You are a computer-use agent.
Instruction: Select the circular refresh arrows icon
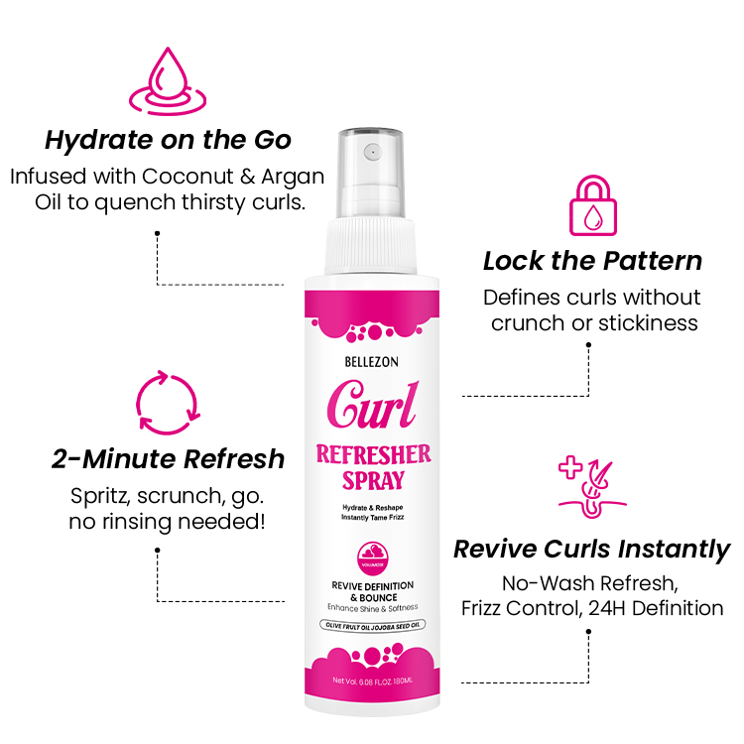point(167,404)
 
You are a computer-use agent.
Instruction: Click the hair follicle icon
point(591,488)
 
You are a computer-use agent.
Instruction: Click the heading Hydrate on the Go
point(167,139)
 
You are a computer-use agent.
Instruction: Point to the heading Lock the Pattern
point(592,261)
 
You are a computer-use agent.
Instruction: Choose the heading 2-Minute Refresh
point(168,459)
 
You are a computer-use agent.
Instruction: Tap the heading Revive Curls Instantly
point(591,549)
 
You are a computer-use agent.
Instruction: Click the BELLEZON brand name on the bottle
point(372,362)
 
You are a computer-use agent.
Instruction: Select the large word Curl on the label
point(372,404)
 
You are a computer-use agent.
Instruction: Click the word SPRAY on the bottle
point(372,482)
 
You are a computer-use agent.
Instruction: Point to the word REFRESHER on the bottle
point(372,455)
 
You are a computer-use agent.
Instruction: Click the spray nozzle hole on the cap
point(372,153)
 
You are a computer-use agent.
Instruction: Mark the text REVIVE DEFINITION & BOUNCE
point(372,591)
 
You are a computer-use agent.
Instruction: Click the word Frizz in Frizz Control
point(488,608)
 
